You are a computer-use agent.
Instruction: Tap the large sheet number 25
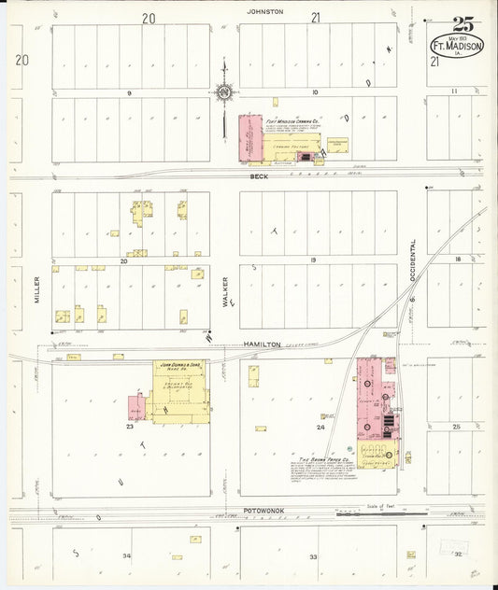[462, 25]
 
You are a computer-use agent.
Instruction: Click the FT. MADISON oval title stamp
[456, 47]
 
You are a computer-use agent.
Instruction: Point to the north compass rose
[224, 91]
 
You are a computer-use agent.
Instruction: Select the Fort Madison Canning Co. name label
[293, 121]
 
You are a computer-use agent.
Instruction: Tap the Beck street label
[258, 176]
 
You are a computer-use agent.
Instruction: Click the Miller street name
[38, 288]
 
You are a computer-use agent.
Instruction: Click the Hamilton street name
[263, 344]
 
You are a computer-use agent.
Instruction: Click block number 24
[320, 427]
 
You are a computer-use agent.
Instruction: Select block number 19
[314, 260]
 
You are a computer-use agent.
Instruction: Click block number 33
[314, 556]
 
